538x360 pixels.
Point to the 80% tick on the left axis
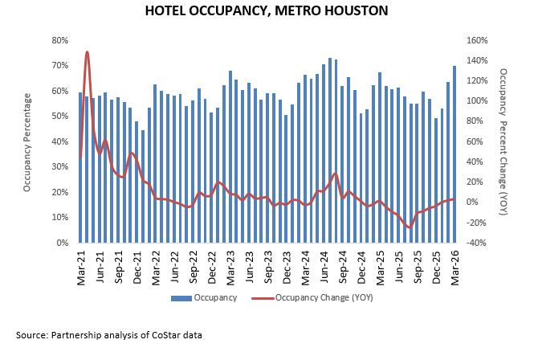click(x=59, y=40)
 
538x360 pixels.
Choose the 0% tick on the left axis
click(x=61, y=243)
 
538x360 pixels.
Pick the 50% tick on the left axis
click(x=59, y=117)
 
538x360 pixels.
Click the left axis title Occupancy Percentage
click(x=26, y=141)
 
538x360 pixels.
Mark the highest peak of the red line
click(x=87, y=52)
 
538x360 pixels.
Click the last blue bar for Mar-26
click(x=454, y=153)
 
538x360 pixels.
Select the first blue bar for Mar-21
click(x=81, y=167)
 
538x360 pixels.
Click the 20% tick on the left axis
click(x=59, y=192)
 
